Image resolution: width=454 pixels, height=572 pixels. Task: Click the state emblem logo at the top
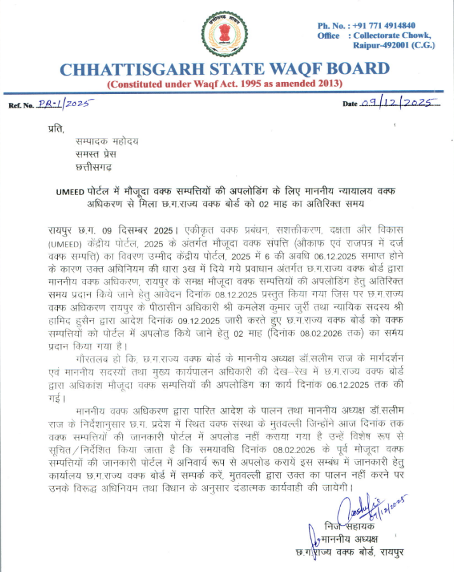226,32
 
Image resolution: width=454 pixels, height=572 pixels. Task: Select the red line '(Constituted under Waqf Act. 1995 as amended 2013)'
225,84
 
